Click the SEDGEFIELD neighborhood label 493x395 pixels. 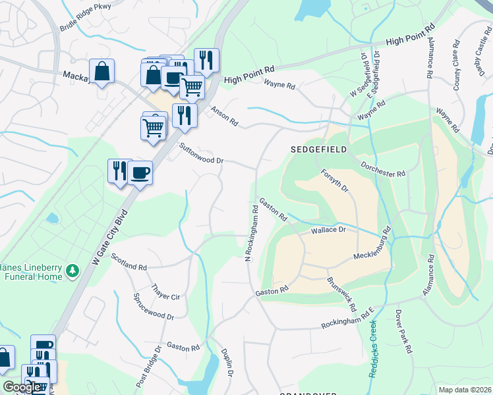click(319, 150)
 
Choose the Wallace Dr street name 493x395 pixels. click(328, 230)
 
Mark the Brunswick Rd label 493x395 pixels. click(341, 294)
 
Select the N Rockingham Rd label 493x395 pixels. click(250, 234)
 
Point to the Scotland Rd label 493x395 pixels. click(129, 263)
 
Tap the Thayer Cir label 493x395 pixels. click(165, 292)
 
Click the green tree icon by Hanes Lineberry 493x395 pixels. click(74, 271)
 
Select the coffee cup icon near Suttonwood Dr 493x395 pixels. click(140, 173)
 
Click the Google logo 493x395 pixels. click(22, 387)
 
